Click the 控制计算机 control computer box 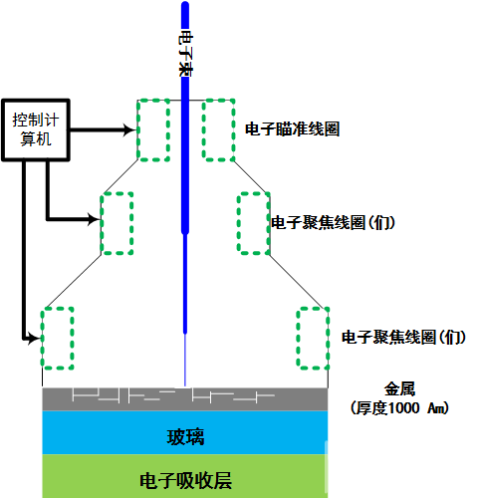click(36, 129)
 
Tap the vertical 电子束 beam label click(185, 53)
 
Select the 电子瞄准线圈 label click(292, 129)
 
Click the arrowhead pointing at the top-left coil click(130, 129)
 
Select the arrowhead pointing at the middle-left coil click(94, 219)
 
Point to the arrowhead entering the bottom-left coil click(34, 339)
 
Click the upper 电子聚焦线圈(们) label click(333, 222)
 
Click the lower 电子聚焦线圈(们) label click(403, 337)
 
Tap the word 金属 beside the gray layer click(399, 389)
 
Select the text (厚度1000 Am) click(399, 407)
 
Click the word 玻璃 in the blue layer click(185, 437)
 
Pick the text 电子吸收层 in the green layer click(185, 480)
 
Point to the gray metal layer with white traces click(185, 399)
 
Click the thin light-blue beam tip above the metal click(185, 361)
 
